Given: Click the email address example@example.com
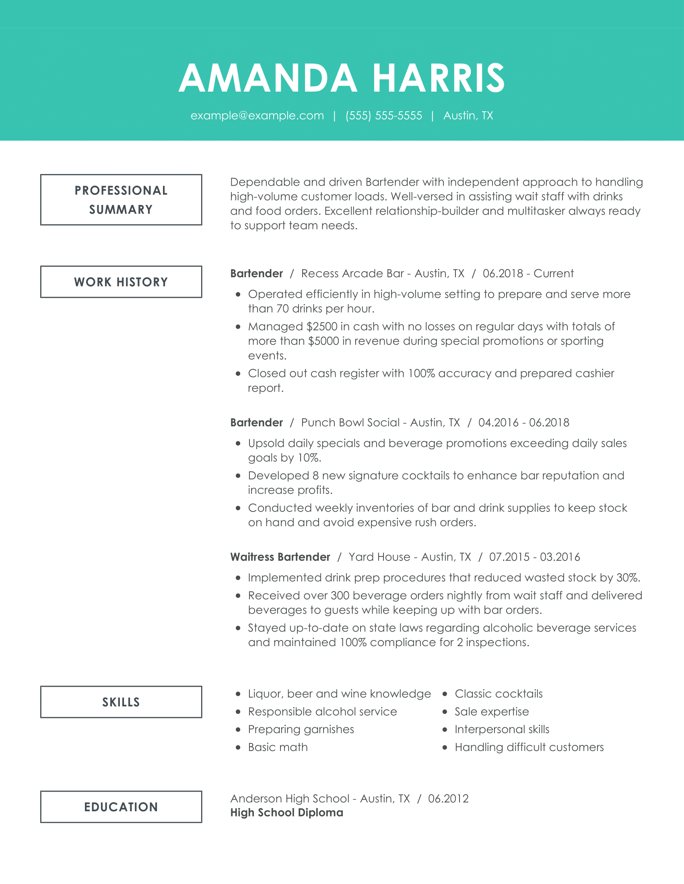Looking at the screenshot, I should click(x=257, y=116).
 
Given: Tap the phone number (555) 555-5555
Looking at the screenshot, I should click(x=383, y=116).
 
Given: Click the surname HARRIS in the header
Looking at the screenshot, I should click(x=439, y=78).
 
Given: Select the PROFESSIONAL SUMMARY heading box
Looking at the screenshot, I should click(x=121, y=200).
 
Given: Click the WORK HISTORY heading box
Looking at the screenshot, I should click(x=121, y=282).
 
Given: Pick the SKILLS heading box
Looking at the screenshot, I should click(x=121, y=702).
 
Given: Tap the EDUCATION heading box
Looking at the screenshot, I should click(x=121, y=807).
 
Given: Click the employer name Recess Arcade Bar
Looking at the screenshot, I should click(x=352, y=274).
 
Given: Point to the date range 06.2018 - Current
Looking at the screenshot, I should click(x=528, y=274).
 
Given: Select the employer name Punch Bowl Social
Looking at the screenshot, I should click(x=350, y=423).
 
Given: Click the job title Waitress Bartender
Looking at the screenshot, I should click(x=280, y=557).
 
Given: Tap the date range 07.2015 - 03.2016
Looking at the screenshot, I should click(x=534, y=557).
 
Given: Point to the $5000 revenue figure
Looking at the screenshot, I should click(x=323, y=341).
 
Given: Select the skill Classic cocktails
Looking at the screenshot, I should click(x=499, y=694).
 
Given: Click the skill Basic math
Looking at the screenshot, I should click(x=278, y=747).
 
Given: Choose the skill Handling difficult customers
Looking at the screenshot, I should click(x=529, y=747).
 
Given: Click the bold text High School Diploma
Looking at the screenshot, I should click(x=286, y=813).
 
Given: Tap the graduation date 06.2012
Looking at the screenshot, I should click(x=448, y=798).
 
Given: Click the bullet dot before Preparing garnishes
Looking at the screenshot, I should click(x=238, y=729).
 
